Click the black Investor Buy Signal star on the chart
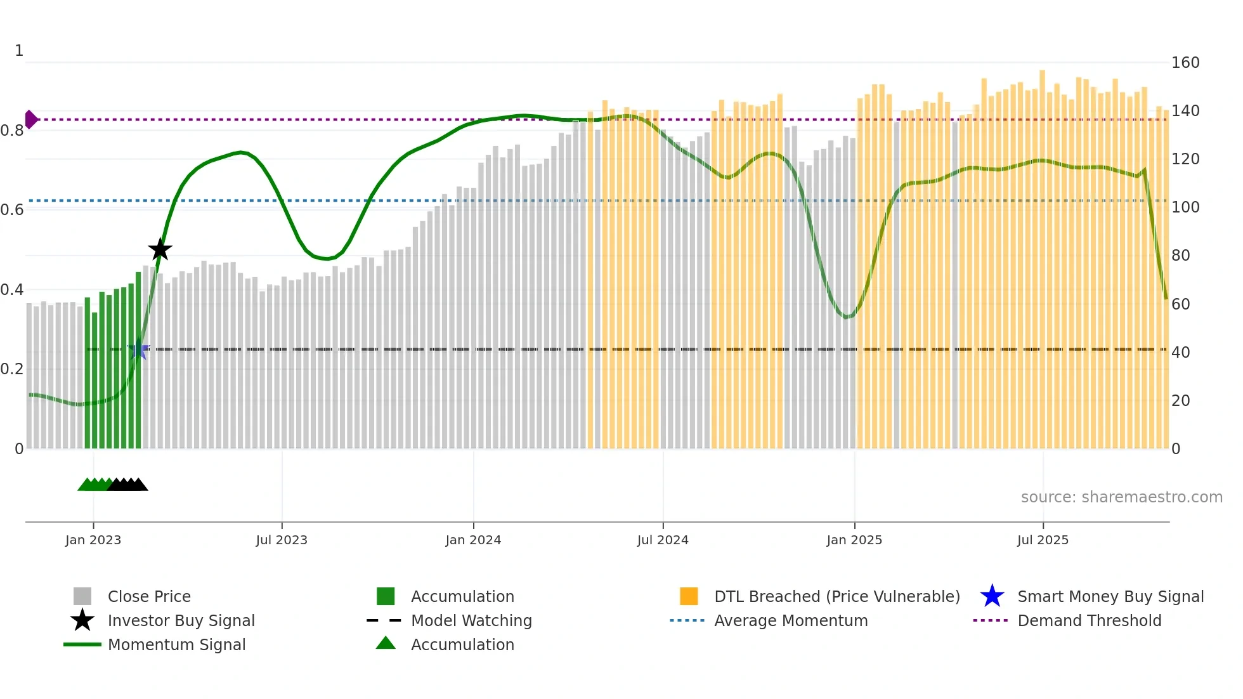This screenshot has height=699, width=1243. point(160,249)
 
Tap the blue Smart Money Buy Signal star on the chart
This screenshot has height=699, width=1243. point(138,350)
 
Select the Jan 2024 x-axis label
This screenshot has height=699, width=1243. point(473,540)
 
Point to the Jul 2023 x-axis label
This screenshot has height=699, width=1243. point(282,540)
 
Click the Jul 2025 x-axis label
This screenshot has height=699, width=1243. point(1043,540)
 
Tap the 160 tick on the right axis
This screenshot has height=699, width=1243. point(1185,63)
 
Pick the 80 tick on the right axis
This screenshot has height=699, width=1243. point(1181,256)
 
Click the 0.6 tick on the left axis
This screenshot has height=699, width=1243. point(12,210)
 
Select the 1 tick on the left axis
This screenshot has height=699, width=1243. point(19,51)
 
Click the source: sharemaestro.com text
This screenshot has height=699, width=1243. point(1121,497)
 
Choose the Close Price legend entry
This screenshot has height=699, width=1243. point(149,597)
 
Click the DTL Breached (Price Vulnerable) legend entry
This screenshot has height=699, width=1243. point(836,597)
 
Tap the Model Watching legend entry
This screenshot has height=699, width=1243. point(471,621)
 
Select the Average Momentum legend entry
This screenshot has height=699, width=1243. point(791,621)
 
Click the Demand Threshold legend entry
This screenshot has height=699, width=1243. point(1089,621)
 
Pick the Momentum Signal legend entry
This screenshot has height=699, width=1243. point(176,645)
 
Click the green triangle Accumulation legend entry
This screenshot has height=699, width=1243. point(462,645)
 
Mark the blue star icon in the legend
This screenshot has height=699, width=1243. point(992,596)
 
